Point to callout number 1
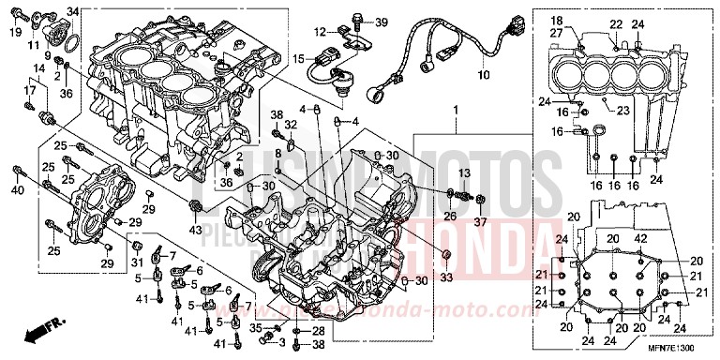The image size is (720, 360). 457,111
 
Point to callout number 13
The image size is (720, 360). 463,174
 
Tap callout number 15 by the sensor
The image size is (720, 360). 298,58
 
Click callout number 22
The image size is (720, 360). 615,23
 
